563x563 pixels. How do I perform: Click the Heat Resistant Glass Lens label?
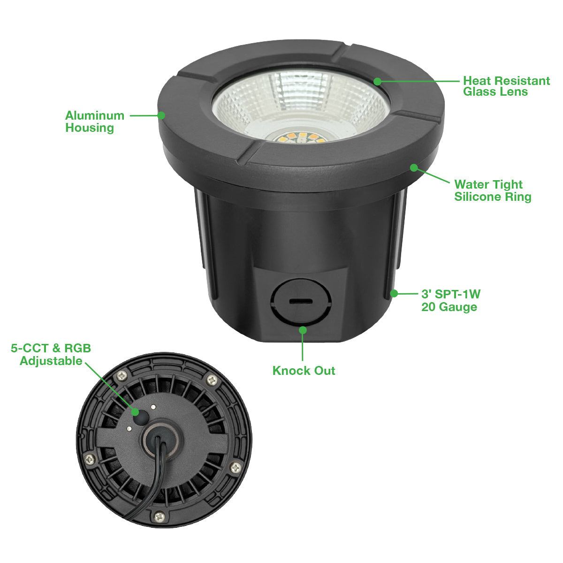(x=506, y=86)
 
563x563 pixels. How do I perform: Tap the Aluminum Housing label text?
(x=95, y=122)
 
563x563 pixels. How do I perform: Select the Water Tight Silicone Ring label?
(x=492, y=190)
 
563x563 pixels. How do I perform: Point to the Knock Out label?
(x=304, y=371)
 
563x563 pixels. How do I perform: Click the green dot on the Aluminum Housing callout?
(x=161, y=115)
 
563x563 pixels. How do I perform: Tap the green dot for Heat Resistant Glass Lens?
(x=378, y=82)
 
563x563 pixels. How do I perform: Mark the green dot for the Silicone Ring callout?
(x=414, y=167)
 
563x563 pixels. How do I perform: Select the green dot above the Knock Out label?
(x=303, y=330)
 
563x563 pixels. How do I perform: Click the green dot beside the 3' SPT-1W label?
(x=394, y=294)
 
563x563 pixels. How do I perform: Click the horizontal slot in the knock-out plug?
(x=301, y=302)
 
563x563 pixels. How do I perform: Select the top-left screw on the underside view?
(x=122, y=375)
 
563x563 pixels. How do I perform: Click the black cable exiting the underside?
(x=152, y=482)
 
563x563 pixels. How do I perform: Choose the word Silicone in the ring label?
(x=478, y=197)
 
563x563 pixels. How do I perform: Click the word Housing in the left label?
(x=90, y=128)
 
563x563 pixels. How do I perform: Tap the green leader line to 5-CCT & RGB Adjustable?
(x=110, y=388)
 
